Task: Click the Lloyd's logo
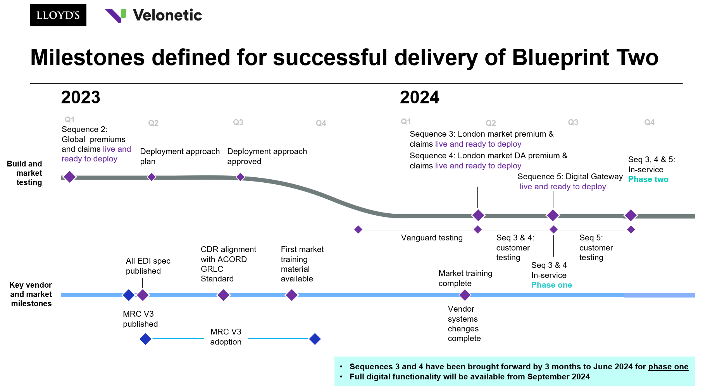58,15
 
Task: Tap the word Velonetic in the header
167,15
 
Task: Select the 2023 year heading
81,97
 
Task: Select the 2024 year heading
419,97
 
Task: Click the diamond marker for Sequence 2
70,177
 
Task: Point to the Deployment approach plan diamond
152,177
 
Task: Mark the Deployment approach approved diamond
240,177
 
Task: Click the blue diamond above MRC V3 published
129,295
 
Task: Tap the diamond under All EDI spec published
143,295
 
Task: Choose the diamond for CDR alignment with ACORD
223,295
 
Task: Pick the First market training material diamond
292,295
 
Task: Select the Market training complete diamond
465,295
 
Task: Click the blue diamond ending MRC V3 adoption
315,339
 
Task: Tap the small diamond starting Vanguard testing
358,230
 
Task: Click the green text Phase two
648,179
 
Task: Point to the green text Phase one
551,285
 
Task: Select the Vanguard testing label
432,238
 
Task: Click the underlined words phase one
668,367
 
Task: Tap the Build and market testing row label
25,173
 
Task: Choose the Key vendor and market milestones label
31,294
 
